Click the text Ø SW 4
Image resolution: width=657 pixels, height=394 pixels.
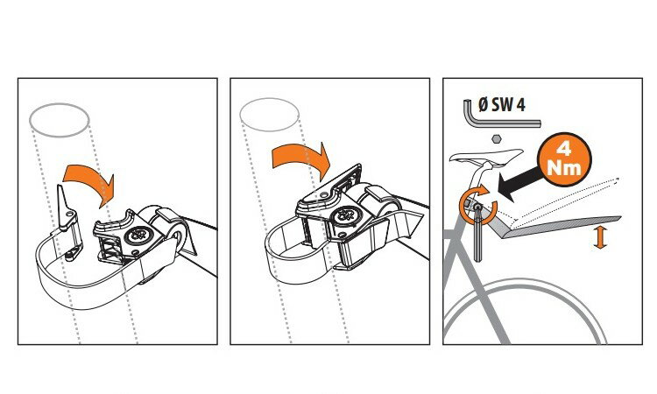(502, 105)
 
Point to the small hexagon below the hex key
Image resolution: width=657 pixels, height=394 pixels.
(497, 138)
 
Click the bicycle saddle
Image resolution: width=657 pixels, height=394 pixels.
(486, 156)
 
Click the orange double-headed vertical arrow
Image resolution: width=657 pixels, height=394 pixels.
(600, 237)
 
